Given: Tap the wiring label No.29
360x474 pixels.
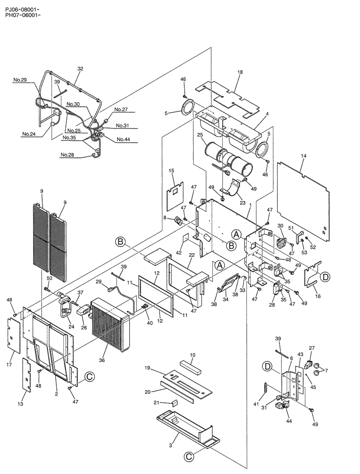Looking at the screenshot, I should click(19, 80).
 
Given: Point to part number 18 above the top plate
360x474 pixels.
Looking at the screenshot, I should click(240, 72).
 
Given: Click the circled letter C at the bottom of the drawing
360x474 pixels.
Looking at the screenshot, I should click(189, 456).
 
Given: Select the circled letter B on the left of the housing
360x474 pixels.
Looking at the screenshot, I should click(121, 242).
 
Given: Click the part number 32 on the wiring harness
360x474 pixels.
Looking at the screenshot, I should click(80, 69).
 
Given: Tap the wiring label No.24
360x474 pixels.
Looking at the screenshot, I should click(28, 134).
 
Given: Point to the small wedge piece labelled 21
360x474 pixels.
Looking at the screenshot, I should click(174, 403).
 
